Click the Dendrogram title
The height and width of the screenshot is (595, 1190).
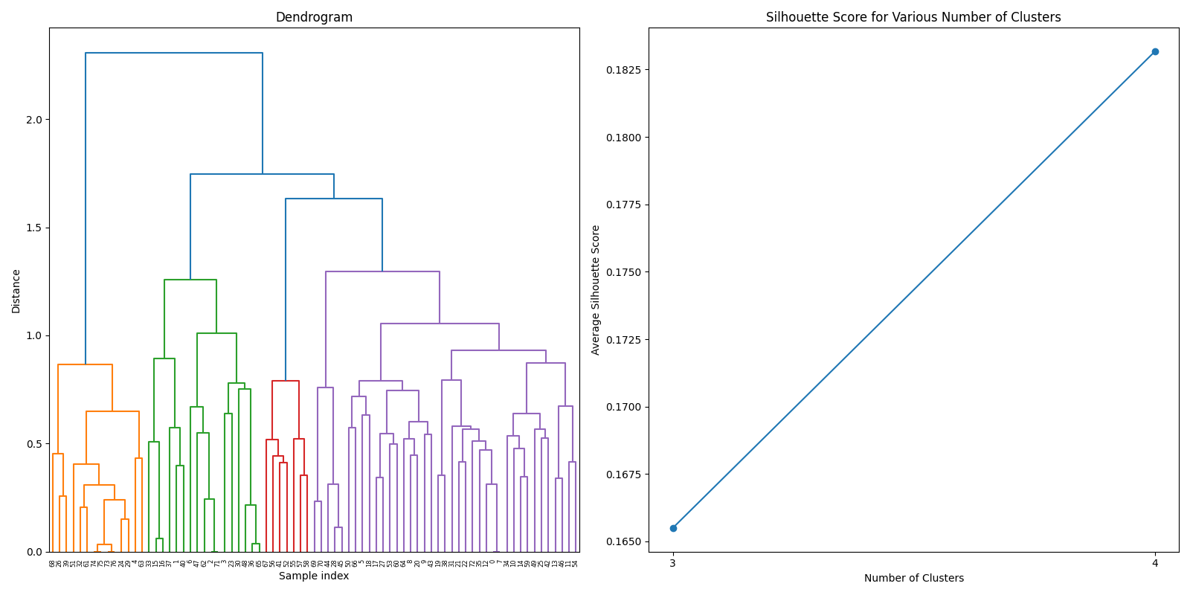point(314,17)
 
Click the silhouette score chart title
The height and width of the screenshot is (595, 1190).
point(913,17)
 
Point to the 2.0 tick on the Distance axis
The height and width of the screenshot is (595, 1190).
point(34,120)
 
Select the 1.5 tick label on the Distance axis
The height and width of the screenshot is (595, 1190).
point(34,228)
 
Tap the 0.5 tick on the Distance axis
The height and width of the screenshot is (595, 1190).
point(34,444)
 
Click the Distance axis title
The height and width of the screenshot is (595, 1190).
point(16,291)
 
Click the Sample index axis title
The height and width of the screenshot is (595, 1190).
point(314,576)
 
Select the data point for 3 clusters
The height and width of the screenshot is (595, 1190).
point(673,528)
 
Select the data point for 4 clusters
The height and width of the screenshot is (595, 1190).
point(1155,51)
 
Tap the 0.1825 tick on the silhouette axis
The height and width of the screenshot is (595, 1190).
point(625,70)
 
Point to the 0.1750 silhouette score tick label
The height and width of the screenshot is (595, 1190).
point(625,272)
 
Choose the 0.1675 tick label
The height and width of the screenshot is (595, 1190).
point(625,475)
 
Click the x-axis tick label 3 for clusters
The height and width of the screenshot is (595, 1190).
point(673,563)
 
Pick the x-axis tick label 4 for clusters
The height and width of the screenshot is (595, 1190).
point(1155,563)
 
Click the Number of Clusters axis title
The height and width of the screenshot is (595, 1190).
point(913,578)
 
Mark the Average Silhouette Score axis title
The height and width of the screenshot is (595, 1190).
point(596,290)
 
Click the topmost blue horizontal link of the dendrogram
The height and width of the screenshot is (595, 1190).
point(174,53)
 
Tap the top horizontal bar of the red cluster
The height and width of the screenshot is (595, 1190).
point(286,381)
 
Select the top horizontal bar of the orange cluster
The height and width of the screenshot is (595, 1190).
point(85,364)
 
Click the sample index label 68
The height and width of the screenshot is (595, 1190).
point(53,564)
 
